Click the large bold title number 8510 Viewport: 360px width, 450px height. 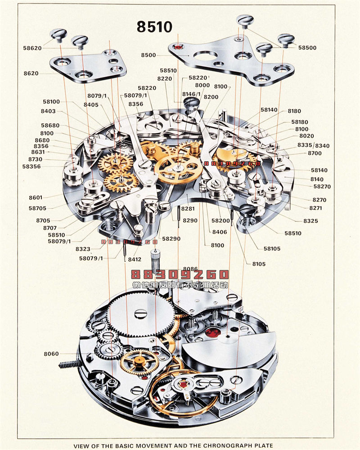pos(154,27)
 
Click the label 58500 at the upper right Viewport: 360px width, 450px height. pos(307,47)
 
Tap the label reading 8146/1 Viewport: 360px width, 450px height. pos(191,94)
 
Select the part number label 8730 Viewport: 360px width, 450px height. pos(35,159)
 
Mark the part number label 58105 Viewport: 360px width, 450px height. pos(272,248)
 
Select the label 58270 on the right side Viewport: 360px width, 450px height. pos(322,186)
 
